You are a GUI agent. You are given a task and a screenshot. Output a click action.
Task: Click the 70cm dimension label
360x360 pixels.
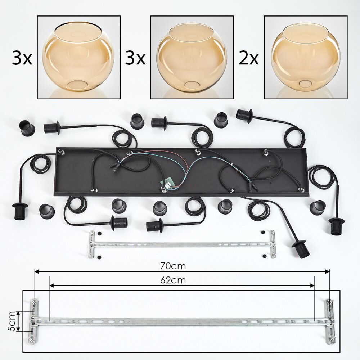click(x=173, y=266)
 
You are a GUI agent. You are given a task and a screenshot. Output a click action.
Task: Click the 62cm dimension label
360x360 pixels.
click(x=173, y=280)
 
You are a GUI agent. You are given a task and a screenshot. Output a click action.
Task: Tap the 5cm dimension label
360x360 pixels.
click(x=12, y=321)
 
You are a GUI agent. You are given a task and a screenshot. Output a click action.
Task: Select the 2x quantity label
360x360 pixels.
click(x=249, y=58)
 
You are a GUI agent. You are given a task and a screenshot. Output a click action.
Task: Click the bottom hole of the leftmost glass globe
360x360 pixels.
click(x=78, y=85)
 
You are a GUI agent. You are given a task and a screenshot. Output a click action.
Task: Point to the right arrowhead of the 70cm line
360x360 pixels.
click(x=327, y=271)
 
